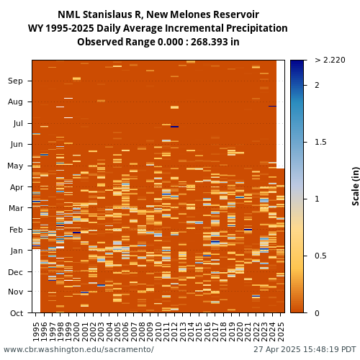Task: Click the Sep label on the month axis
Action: tap(15, 81)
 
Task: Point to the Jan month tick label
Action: tap(17, 251)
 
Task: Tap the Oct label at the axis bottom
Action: tap(17, 313)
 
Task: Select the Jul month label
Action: tap(18, 123)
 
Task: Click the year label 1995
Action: tap(36, 332)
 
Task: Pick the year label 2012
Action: tap(174, 332)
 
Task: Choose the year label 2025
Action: tap(280, 332)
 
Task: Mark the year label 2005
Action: tap(117, 332)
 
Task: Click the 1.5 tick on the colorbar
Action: tap(320, 142)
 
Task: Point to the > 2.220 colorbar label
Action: tap(330, 60)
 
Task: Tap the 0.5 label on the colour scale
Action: tap(320, 256)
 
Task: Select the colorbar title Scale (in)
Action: tap(356, 186)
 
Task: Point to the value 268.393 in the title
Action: tap(209, 42)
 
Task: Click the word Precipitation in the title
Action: tap(257, 28)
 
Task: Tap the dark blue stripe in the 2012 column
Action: tap(174, 127)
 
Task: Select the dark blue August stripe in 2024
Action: tap(272, 106)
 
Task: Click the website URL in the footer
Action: tap(78, 349)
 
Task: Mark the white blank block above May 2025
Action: tap(280, 114)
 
